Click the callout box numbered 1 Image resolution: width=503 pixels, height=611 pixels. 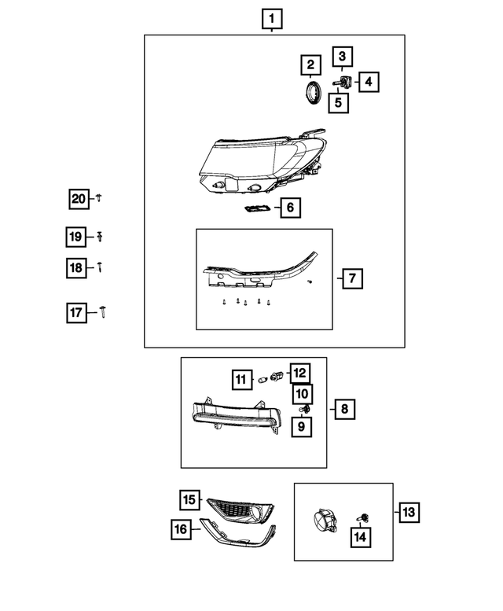272,18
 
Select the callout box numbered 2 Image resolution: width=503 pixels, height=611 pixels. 310,64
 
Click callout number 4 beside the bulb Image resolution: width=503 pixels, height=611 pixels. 368,80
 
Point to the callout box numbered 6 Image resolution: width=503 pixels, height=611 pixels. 289,208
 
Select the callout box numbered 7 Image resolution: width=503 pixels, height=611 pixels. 351,278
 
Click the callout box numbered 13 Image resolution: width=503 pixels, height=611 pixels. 409,513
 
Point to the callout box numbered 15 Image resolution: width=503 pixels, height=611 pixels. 189,499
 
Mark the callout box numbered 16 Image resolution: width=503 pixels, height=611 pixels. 181,530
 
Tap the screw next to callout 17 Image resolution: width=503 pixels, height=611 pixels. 104,313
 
